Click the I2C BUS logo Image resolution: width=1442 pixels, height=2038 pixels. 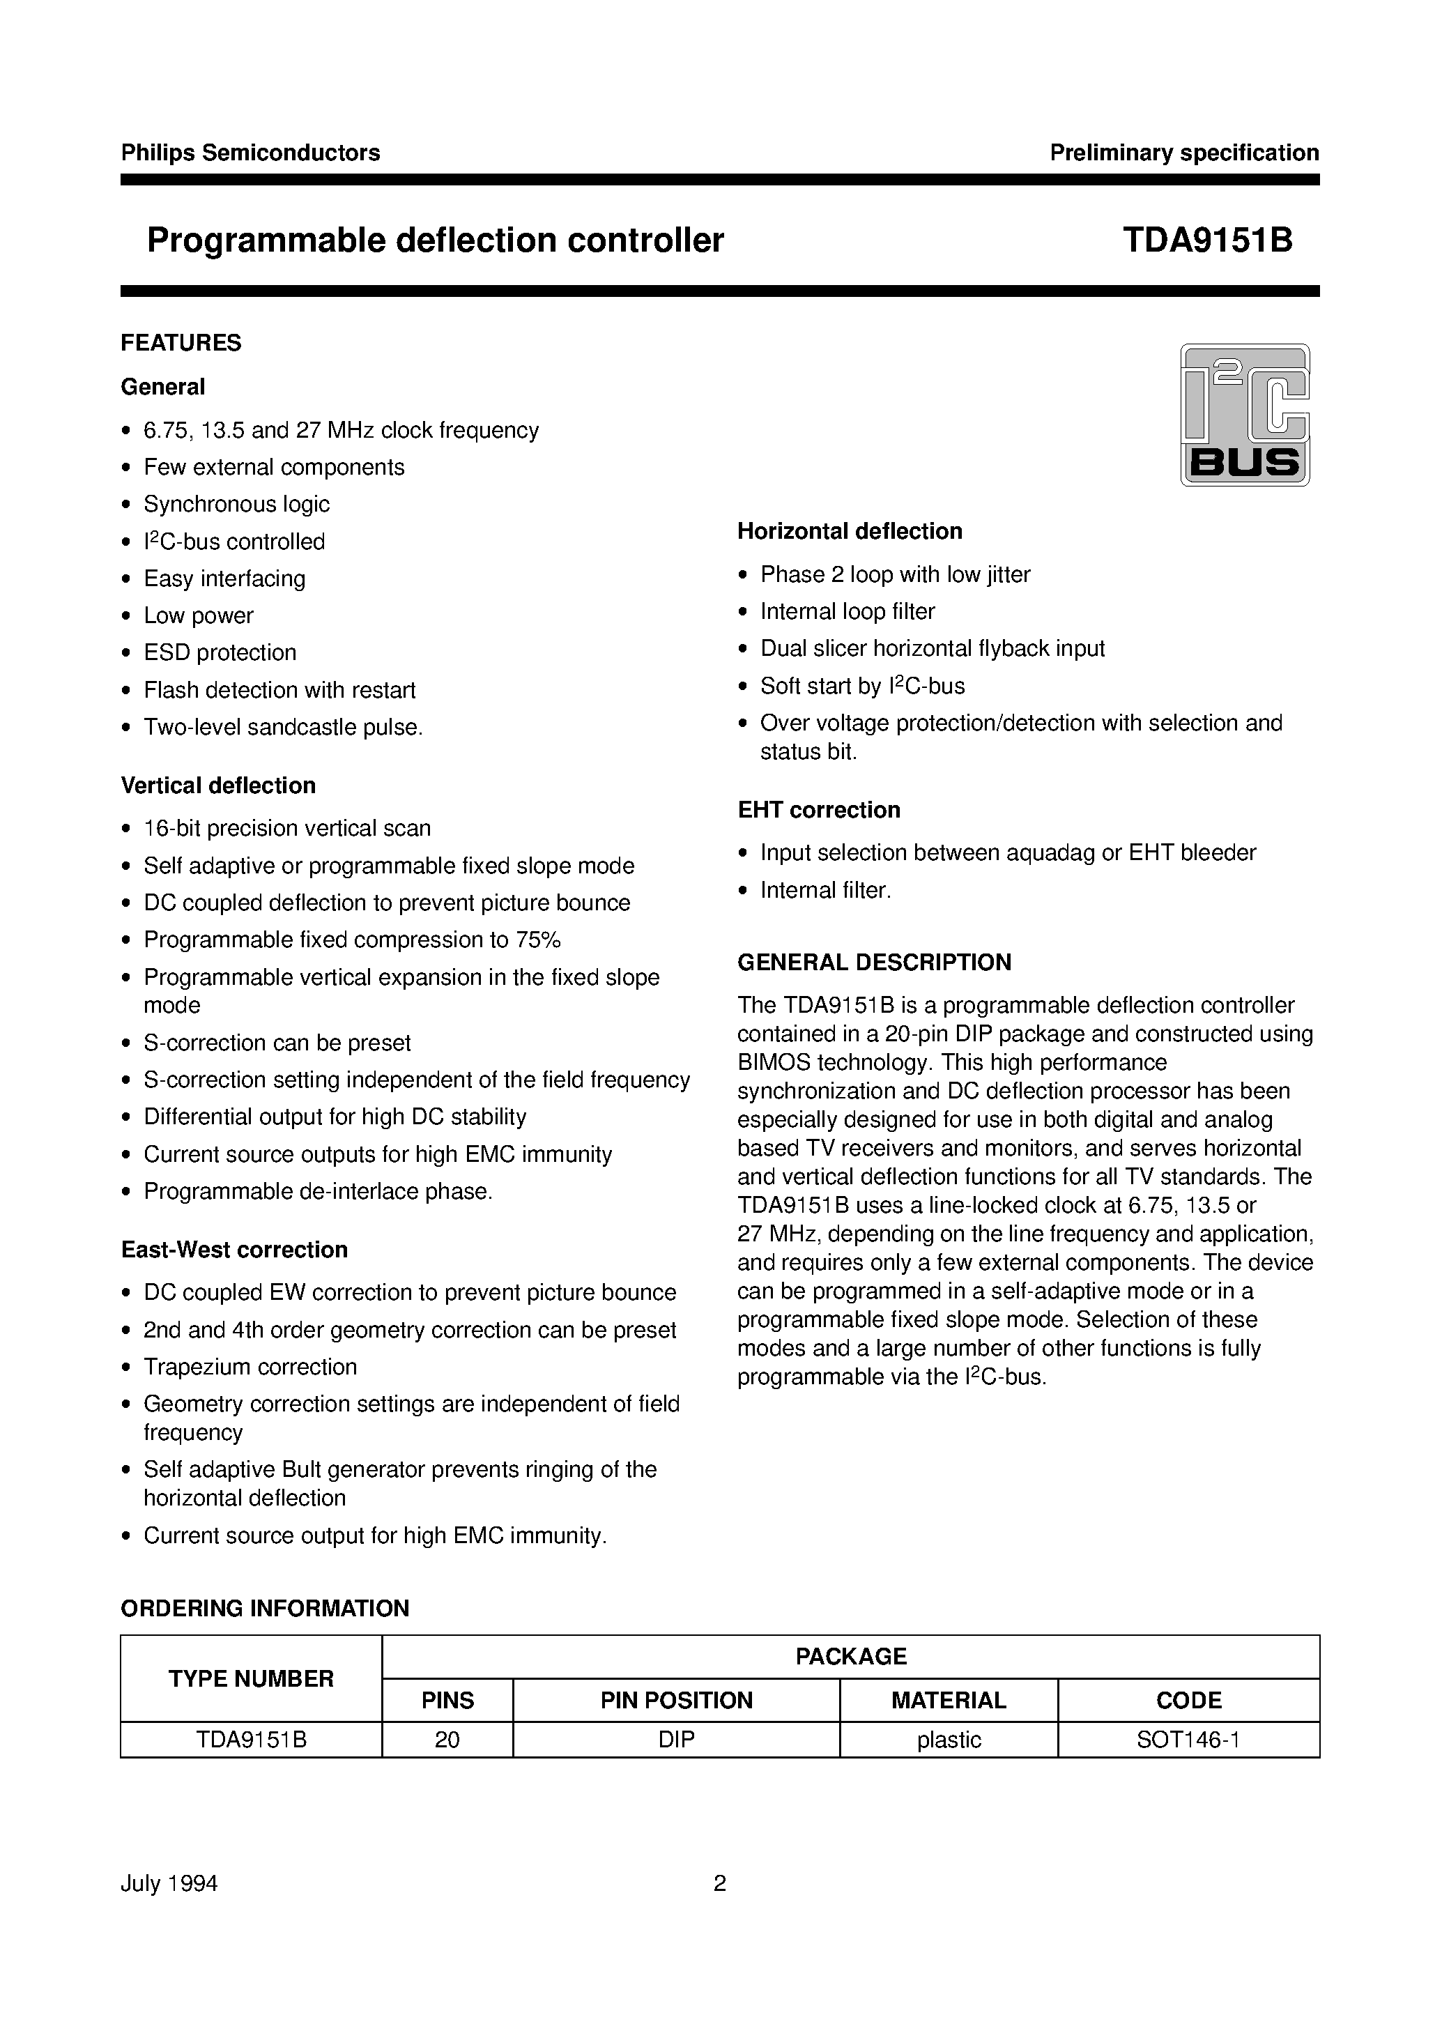[x=1244, y=414]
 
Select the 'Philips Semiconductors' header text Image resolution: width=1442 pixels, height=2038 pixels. [x=250, y=153]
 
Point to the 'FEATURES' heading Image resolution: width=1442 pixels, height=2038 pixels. [x=181, y=343]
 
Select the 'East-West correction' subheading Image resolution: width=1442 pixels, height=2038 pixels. [x=233, y=1250]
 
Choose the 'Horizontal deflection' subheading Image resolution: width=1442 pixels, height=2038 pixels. [x=849, y=531]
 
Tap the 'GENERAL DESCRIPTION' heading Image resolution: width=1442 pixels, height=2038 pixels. [x=874, y=963]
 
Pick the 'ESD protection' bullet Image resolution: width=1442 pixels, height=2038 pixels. [x=220, y=652]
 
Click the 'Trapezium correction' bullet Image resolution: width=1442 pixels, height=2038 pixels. [x=250, y=1367]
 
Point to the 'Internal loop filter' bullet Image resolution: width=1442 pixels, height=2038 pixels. [x=847, y=612]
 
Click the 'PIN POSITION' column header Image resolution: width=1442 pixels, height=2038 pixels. [x=676, y=1700]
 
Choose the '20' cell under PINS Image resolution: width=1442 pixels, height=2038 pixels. [x=447, y=1740]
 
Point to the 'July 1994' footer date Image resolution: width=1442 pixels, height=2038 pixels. [x=169, y=1883]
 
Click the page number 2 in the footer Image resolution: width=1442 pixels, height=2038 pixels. [x=719, y=1883]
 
